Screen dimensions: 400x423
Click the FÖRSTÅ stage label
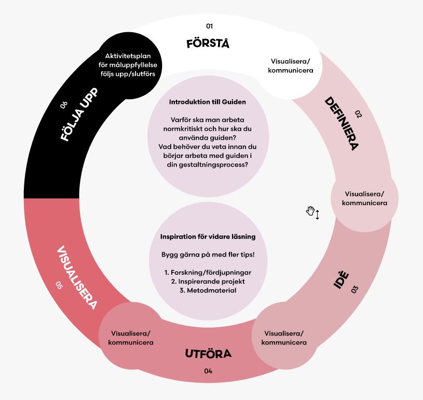tap(208, 43)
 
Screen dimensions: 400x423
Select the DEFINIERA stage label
tap(342, 123)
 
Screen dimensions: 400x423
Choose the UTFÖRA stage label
tap(208, 354)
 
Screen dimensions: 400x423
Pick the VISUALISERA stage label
tap(76, 278)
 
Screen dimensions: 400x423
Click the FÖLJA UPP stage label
tap(79, 116)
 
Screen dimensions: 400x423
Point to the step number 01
tap(210, 26)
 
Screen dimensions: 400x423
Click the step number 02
tap(358, 113)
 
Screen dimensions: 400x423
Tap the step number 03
tap(354, 290)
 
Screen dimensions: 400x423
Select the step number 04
tap(208, 371)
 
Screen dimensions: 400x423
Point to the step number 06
tap(63, 105)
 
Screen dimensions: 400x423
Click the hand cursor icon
tap(311, 211)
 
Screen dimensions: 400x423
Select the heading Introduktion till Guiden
tap(208, 102)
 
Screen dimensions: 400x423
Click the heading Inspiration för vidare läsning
tap(208, 237)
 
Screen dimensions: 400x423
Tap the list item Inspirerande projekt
tap(208, 281)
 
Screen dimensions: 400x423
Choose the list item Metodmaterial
tap(208, 290)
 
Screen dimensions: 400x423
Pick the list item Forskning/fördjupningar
tap(208, 272)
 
